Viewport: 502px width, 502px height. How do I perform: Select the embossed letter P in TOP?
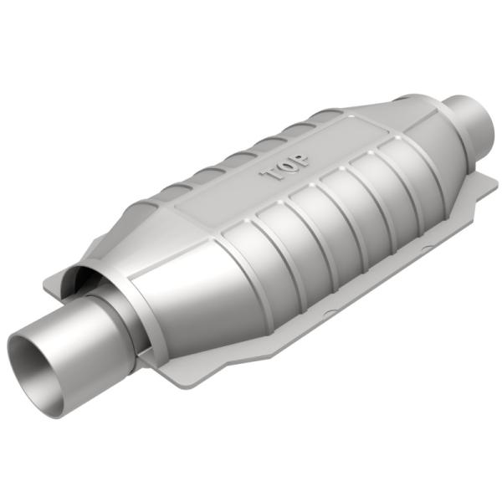(x=300, y=160)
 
